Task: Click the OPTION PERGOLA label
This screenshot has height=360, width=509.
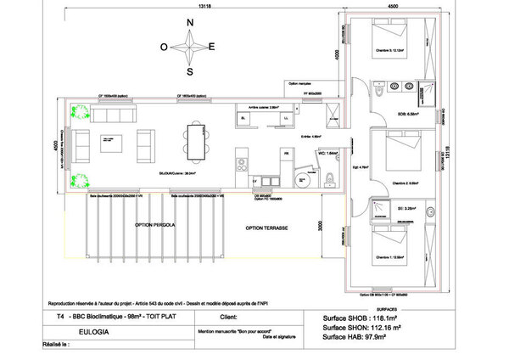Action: tap(155, 225)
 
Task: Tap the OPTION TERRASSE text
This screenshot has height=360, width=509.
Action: tap(267, 229)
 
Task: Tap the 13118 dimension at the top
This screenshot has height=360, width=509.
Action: tap(204, 6)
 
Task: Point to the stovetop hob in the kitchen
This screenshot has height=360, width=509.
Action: tap(240, 157)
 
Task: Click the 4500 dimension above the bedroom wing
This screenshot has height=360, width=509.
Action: tap(393, 6)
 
